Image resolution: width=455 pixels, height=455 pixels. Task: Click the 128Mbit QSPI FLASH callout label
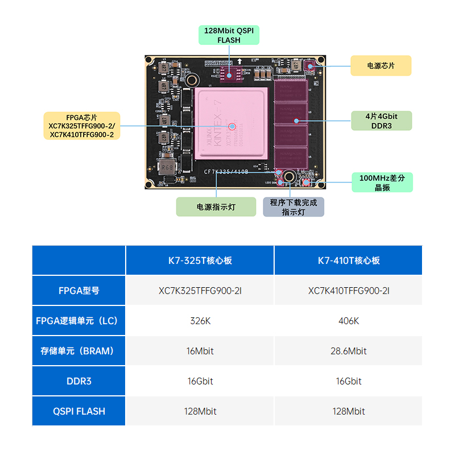click(x=229, y=35)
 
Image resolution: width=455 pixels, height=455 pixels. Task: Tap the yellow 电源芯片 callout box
click(x=380, y=65)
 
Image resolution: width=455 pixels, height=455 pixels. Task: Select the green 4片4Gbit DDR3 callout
click(x=380, y=121)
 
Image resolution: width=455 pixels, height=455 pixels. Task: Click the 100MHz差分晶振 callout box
click(x=382, y=183)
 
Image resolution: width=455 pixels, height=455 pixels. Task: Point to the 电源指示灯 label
click(x=216, y=207)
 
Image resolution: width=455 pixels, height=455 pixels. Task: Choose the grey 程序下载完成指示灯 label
click(x=293, y=207)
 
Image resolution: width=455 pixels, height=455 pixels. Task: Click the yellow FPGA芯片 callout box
click(x=82, y=126)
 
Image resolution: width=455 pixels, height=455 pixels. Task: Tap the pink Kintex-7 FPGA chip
click(x=230, y=123)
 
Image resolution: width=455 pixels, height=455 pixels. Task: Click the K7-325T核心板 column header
click(x=200, y=260)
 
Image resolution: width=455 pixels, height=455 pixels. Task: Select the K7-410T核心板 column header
click(x=348, y=260)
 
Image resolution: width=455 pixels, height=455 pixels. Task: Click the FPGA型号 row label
click(x=78, y=291)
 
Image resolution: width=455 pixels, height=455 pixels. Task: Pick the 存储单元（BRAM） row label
click(x=78, y=351)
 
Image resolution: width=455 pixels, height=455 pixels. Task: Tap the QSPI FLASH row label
click(x=78, y=411)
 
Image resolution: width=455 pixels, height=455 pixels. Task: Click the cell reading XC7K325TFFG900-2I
click(x=200, y=291)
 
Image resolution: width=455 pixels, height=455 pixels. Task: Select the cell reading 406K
click(x=348, y=321)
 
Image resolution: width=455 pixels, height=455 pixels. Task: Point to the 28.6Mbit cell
click(x=348, y=351)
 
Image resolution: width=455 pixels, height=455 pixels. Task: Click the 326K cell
click(x=200, y=321)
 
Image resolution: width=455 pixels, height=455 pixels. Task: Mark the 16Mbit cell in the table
click(x=200, y=351)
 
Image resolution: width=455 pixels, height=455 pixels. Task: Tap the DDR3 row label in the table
click(x=78, y=381)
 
